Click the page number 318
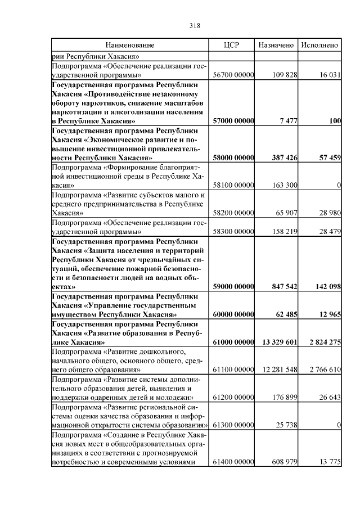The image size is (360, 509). click(x=195, y=26)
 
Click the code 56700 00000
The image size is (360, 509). click(x=233, y=75)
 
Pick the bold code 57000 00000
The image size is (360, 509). click(x=233, y=121)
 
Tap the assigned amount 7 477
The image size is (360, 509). click(x=287, y=121)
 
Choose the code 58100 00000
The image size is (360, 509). click(x=233, y=185)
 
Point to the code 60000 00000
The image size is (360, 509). click(x=233, y=314)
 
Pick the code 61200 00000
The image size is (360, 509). click(x=233, y=398)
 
